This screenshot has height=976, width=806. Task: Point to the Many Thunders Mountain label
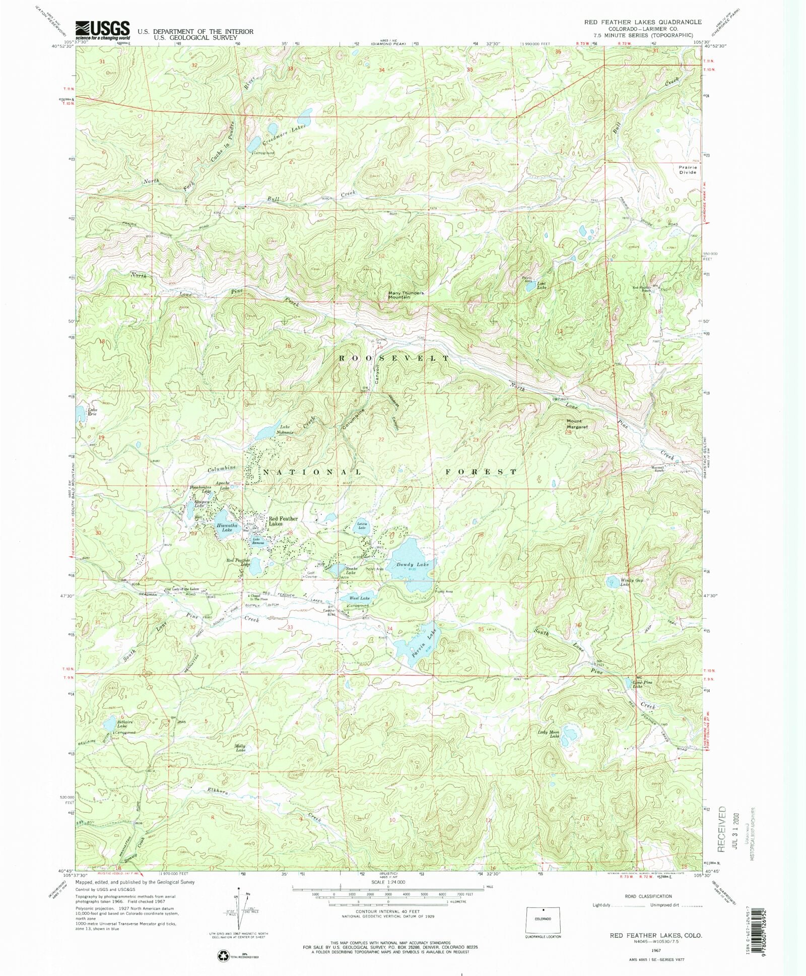click(x=406, y=295)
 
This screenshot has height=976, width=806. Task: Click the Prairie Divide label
click(x=687, y=169)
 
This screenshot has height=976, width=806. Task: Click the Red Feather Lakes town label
click(x=283, y=521)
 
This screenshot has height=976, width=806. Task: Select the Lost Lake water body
click(x=531, y=287)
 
